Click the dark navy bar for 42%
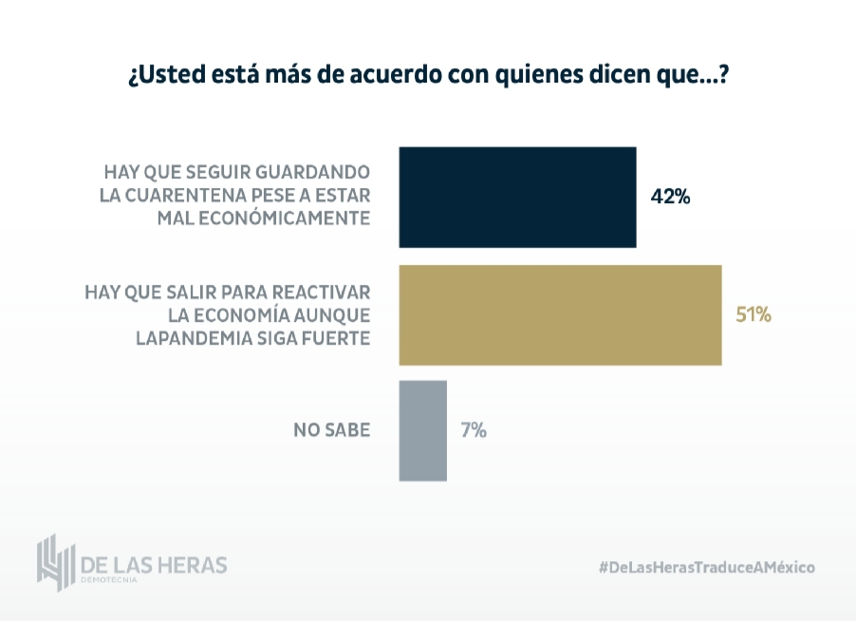[517, 198]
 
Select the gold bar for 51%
[560, 314]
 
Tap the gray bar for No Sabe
[423, 430]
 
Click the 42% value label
[670, 198]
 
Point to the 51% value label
[754, 314]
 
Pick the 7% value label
[474, 430]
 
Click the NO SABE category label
[332, 430]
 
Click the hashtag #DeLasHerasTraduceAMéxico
[706, 566]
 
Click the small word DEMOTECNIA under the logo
[110, 580]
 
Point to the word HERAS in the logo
[194, 564]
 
